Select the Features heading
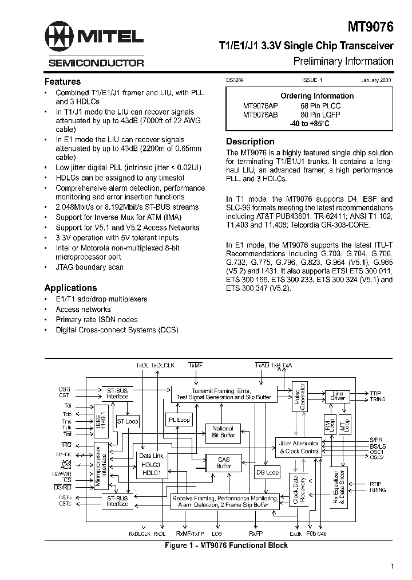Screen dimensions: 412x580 click(62, 81)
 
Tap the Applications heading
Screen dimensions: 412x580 click(70, 288)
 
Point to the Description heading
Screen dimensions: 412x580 click(250, 142)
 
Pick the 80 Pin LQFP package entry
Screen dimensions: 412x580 click(323, 115)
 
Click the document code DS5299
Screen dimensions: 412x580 click(235, 81)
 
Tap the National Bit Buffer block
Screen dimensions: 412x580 click(223, 432)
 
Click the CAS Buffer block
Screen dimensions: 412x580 click(224, 463)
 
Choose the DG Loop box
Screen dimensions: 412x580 click(267, 473)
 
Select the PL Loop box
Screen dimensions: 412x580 click(179, 420)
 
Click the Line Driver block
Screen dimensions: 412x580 click(338, 397)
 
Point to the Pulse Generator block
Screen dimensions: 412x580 click(299, 395)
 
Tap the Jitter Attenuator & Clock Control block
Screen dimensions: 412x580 click(298, 447)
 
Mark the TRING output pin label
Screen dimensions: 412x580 click(378, 399)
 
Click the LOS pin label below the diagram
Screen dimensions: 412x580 click(217, 534)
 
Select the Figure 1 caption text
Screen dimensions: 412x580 click(225, 546)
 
